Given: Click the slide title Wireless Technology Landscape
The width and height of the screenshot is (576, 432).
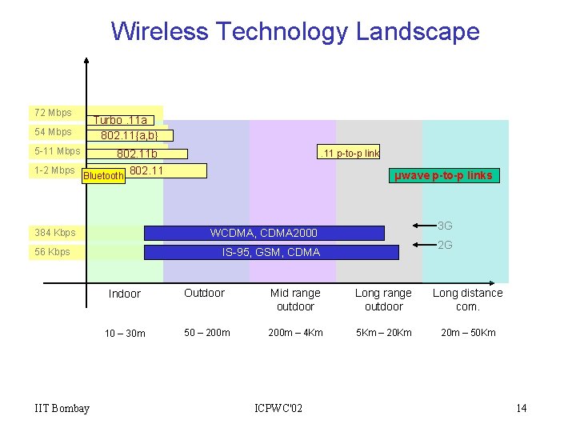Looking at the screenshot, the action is pyautogui.click(x=295, y=31).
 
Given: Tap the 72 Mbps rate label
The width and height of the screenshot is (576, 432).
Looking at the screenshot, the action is pyautogui.click(x=54, y=113).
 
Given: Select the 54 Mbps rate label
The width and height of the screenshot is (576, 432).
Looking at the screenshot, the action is pyautogui.click(x=54, y=132).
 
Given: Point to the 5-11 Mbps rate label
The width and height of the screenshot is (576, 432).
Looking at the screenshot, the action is pyautogui.click(x=57, y=151).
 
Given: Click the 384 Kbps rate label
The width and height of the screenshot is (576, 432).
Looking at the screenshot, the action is pyautogui.click(x=55, y=233).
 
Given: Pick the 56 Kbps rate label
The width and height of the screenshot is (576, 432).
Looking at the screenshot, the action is pyautogui.click(x=53, y=252).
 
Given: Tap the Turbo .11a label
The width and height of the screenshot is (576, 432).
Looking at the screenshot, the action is pyautogui.click(x=120, y=121).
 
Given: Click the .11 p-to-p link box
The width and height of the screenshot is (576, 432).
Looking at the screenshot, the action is pyautogui.click(x=349, y=153).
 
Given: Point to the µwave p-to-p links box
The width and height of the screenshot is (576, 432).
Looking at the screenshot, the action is pyautogui.click(x=443, y=176).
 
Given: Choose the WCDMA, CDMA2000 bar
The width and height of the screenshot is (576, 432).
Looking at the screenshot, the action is pyautogui.click(x=264, y=233).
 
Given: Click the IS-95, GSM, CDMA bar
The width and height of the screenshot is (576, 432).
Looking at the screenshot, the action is pyautogui.click(x=270, y=252).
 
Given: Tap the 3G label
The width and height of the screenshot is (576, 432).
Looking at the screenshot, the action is pyautogui.click(x=445, y=226).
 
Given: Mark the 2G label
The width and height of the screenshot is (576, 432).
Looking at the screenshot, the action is pyautogui.click(x=445, y=246).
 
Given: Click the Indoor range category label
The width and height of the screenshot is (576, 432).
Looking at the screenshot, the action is pyautogui.click(x=125, y=294).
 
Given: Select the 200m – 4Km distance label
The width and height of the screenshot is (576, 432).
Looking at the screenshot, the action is pyautogui.click(x=295, y=333).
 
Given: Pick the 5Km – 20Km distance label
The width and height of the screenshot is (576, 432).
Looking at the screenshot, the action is pyautogui.click(x=383, y=333).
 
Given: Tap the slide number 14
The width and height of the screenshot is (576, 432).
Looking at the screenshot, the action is pyautogui.click(x=521, y=409).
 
